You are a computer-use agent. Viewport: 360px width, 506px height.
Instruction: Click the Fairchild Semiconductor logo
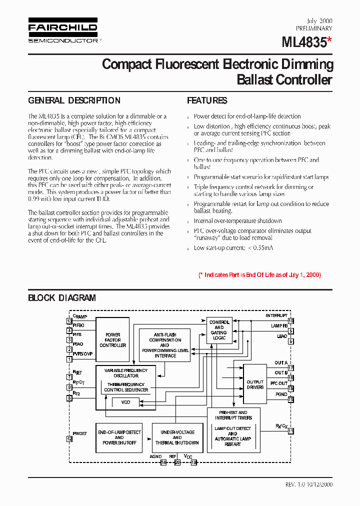[x=62, y=31]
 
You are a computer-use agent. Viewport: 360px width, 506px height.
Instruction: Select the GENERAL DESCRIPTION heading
[x=74, y=100]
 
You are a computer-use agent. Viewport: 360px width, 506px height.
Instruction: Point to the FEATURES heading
[x=207, y=100]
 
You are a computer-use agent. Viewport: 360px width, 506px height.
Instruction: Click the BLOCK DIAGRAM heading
[x=61, y=298]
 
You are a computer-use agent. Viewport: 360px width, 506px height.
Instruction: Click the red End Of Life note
[x=259, y=275]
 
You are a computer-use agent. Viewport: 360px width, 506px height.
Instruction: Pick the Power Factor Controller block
[x=112, y=340]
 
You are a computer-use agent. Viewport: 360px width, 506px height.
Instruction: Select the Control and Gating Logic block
[x=219, y=330]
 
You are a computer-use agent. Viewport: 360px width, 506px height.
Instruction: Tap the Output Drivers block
[x=255, y=384]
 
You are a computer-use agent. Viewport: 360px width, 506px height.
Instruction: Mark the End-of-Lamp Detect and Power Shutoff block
[x=119, y=437]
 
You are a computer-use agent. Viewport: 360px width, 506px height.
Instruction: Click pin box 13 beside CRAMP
[x=69, y=321]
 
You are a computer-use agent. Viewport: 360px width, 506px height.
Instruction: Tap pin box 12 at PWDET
[x=69, y=438]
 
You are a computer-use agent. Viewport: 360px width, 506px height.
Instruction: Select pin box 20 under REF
[x=177, y=462]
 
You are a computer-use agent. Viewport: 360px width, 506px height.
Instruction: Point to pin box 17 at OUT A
[x=290, y=367]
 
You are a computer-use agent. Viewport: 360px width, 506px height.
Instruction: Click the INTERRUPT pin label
[x=276, y=315]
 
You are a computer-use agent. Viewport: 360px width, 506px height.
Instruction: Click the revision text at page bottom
[x=308, y=484]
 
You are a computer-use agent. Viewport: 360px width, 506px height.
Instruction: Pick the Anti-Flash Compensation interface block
[x=165, y=345]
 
